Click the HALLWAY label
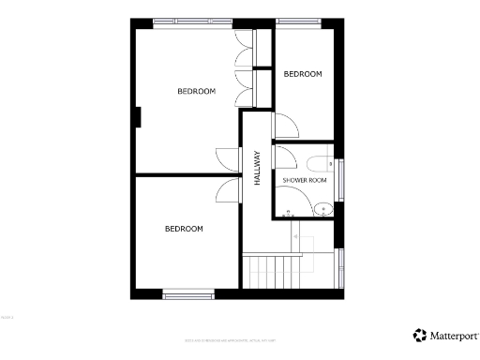coord(256,168)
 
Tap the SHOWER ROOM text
coord(305,179)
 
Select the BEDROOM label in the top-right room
coord(303,74)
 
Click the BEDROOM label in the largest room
coord(197,91)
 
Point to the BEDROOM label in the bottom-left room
coord(184,229)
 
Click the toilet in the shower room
coord(321,161)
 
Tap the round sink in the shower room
coord(323,208)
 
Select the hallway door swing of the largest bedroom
coord(228,159)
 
